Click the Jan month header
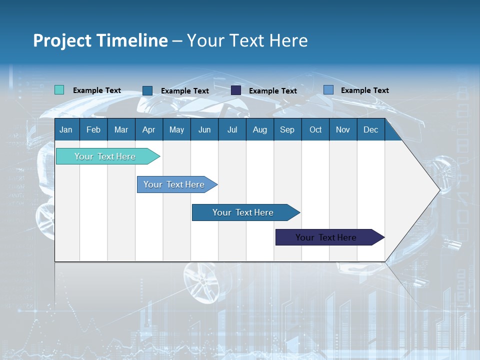66,129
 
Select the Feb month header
93,129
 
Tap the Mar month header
121,129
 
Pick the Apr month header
148,129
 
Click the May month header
176,129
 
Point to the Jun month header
204,129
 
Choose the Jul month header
232,129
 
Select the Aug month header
259,129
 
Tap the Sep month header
287,129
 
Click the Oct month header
315,129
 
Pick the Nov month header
343,129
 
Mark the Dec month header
371,129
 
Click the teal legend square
59,90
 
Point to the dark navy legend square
236,90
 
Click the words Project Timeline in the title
100,40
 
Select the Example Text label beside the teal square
97,90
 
